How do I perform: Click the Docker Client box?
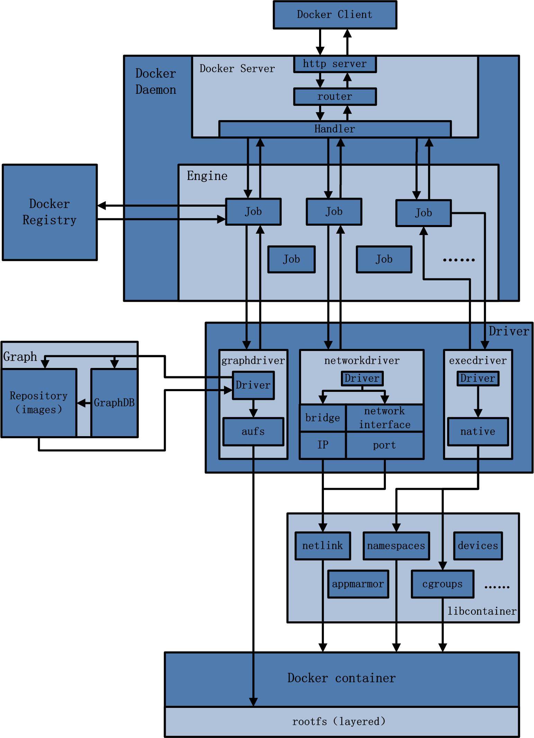pyautogui.click(x=335, y=15)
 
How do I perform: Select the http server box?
pyautogui.click(x=335, y=64)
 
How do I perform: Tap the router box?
pyautogui.click(x=335, y=97)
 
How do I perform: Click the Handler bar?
pyautogui.click(x=335, y=129)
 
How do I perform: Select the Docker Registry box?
pyautogui.click(x=49, y=212)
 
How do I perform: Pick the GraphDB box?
pyautogui.click(x=114, y=403)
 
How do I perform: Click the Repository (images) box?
pyautogui.click(x=39, y=403)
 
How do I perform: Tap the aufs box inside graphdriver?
pyautogui.click(x=253, y=432)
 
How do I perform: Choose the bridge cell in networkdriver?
pyautogui.click(x=323, y=418)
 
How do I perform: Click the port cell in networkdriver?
pyautogui.click(x=384, y=445)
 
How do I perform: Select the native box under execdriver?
pyautogui.click(x=478, y=432)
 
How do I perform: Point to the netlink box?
pyautogui.click(x=323, y=546)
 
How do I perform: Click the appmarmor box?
pyautogui.click(x=358, y=584)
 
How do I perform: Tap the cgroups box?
pyautogui.click(x=442, y=584)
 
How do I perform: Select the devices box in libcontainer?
pyautogui.click(x=478, y=546)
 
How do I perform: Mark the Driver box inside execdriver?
pyautogui.click(x=478, y=378)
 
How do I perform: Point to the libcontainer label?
pyautogui.click(x=482, y=611)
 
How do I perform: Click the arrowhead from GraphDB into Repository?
pyautogui.click(x=81, y=403)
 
